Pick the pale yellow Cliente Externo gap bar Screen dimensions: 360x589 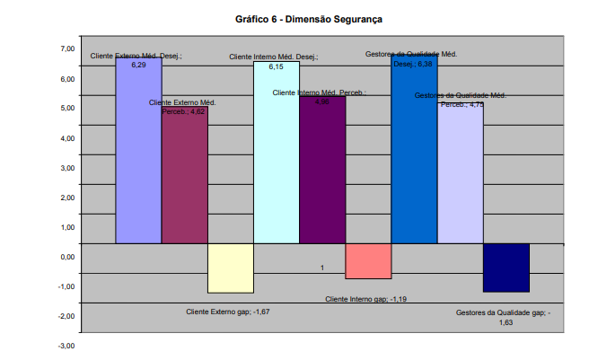point(231,268)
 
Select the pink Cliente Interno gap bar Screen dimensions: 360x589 point(368,260)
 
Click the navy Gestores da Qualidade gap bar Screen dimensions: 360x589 point(506,267)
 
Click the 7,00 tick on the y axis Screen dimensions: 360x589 point(67,48)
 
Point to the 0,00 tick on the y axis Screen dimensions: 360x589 point(67,257)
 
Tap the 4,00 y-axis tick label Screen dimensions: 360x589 point(67,138)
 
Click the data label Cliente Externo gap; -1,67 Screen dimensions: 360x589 point(228,312)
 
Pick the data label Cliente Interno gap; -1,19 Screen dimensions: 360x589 point(367,299)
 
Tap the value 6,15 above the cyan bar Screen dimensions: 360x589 point(276,66)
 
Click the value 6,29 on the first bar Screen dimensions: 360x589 point(138,66)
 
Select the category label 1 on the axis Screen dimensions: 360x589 point(321,268)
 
